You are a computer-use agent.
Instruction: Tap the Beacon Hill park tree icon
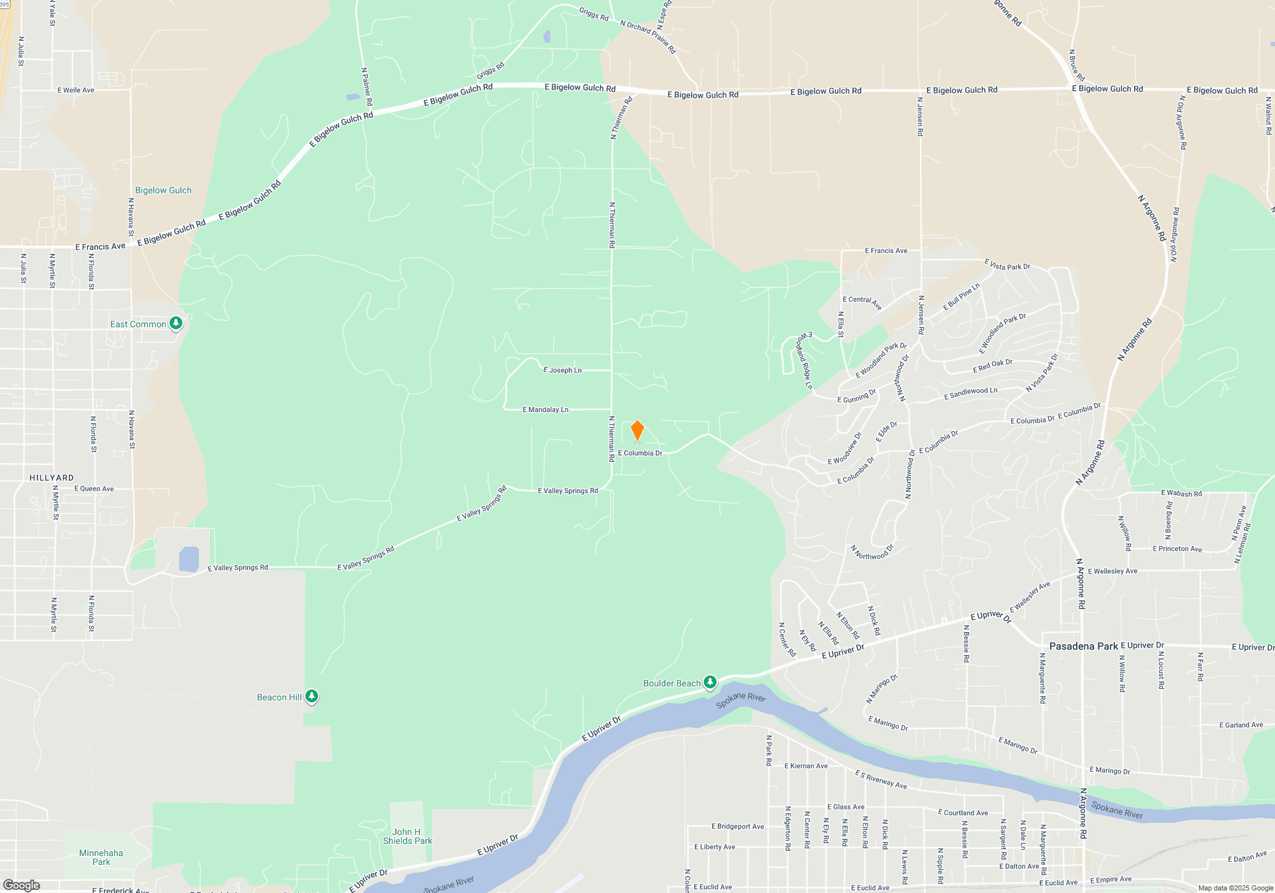tap(312, 696)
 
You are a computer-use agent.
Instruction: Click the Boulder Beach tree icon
tap(710, 683)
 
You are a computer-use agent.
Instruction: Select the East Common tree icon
tap(176, 323)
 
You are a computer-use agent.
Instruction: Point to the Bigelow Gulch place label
tap(163, 190)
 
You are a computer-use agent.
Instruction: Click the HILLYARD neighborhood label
tap(52, 478)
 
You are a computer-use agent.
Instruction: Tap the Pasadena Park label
tap(1083, 646)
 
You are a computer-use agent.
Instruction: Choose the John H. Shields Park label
tap(407, 836)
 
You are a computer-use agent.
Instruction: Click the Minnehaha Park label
tap(101, 857)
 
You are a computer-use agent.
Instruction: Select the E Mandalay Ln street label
tap(546, 410)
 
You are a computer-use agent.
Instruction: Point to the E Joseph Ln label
tap(562, 370)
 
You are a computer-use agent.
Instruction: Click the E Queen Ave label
tap(94, 489)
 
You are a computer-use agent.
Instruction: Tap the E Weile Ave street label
tap(76, 90)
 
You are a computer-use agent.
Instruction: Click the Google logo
tap(22, 885)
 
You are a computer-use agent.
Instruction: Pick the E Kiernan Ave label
tap(806, 766)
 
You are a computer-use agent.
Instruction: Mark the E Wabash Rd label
tap(1181, 493)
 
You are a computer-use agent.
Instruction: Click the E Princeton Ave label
tap(1177, 549)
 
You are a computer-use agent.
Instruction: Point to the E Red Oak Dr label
tap(993, 366)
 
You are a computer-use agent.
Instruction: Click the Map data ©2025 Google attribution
tap(1235, 888)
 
